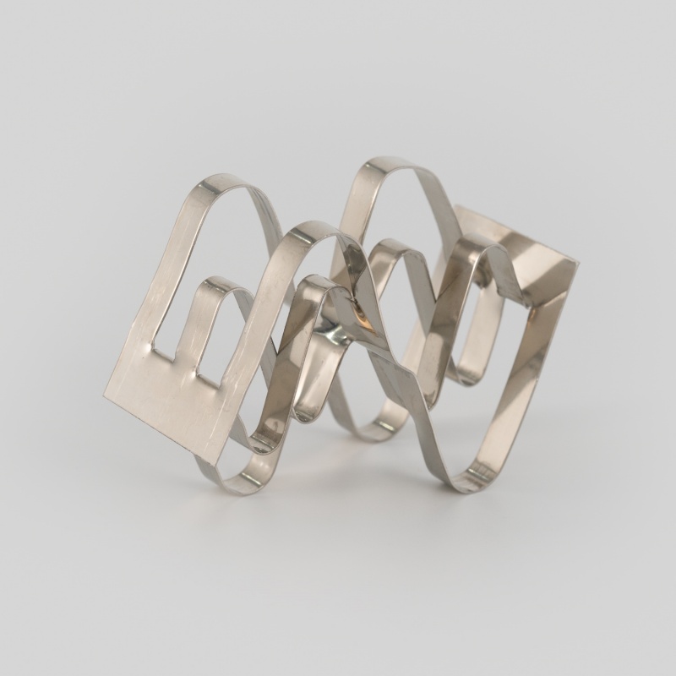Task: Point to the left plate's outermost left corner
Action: pyautogui.click(x=105, y=395)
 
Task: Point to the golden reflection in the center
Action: pyautogui.click(x=363, y=319)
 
